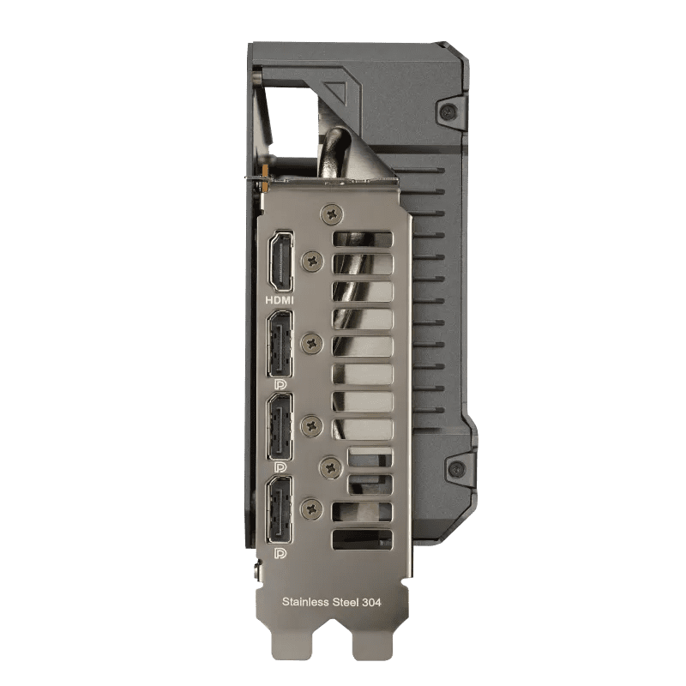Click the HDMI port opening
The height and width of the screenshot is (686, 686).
280,262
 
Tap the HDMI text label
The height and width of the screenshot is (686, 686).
280,300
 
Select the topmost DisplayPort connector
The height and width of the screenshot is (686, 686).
280,344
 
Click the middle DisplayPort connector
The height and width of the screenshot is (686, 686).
280,426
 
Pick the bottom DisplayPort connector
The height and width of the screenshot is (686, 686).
280,509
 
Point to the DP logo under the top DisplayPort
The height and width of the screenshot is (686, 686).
280,384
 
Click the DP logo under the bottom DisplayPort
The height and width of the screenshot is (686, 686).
280,554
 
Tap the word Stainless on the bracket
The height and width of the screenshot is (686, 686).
305,602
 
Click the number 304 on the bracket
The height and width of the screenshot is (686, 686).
371,603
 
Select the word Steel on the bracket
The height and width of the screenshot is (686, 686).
346,602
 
